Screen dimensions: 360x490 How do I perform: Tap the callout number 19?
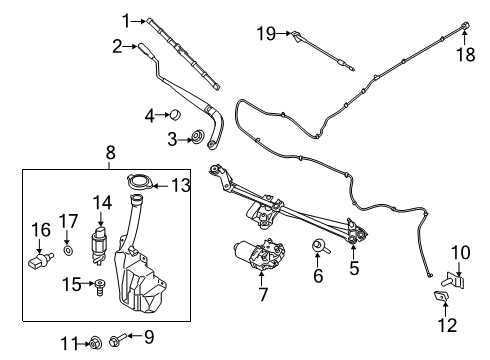264,34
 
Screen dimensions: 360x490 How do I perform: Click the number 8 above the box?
110,153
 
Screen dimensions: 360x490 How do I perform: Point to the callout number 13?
180,184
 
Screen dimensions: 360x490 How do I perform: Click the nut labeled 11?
91,344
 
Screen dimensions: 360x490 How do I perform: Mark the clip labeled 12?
444,298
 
